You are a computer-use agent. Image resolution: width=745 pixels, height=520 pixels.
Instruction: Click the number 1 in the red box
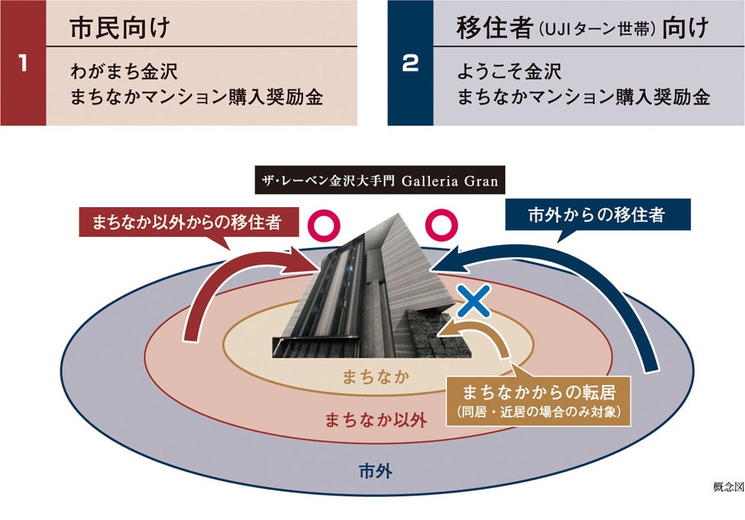(22, 63)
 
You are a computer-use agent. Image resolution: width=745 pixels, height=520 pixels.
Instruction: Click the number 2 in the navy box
(410, 63)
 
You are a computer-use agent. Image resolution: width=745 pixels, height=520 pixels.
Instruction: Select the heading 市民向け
(120, 28)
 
